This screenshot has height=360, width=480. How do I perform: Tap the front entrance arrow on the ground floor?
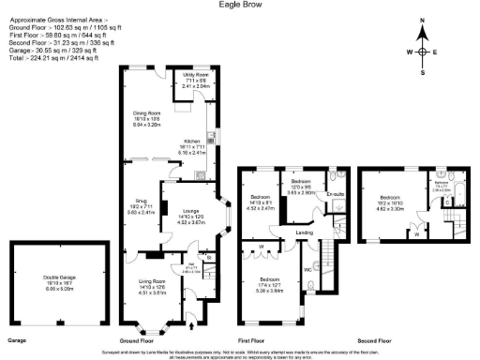click(x=192, y=326)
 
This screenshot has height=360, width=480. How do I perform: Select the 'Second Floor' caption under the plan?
click(x=383, y=338)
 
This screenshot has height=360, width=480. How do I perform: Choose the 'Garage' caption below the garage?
click(x=17, y=338)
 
